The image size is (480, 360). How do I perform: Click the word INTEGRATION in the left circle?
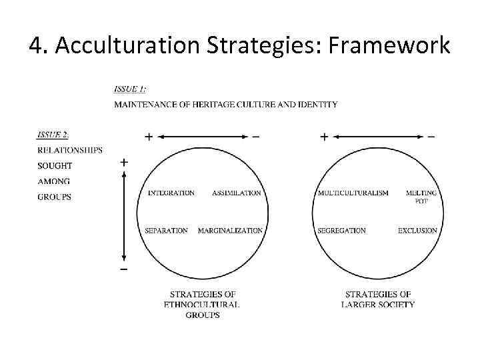pos(171,193)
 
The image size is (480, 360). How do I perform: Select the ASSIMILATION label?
pos(237,193)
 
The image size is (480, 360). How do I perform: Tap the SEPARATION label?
pos(166,231)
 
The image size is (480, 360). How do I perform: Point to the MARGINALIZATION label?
pos(230,231)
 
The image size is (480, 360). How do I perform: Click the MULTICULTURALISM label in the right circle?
pos(353,193)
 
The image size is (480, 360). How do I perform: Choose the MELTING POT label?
pos(421,196)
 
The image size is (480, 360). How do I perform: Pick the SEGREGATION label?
pos(341,231)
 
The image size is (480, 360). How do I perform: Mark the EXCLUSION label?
pos(417,231)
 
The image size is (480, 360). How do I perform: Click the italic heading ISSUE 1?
pos(130,89)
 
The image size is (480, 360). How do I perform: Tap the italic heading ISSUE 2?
pos(54,135)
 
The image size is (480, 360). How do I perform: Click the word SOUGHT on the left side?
pos(55,165)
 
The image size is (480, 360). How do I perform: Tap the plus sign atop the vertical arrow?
pos(124,162)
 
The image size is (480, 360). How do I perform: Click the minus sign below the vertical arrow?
pos(124,269)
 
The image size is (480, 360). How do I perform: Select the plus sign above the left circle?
pos(148,137)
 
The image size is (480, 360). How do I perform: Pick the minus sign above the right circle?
pos(431,137)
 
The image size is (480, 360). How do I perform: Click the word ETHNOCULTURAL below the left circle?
pos(201,305)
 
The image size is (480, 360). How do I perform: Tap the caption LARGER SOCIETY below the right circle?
pos(378,305)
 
